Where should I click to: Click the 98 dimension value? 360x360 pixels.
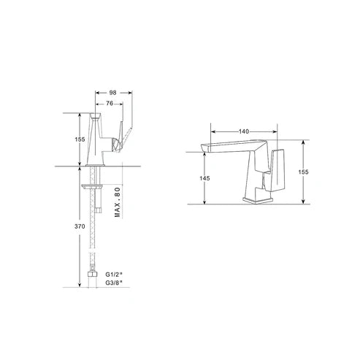[x=112, y=93]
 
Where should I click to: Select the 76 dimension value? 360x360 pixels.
[x=110, y=104]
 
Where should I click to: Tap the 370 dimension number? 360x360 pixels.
[x=80, y=226]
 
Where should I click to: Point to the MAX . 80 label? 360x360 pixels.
[x=118, y=202]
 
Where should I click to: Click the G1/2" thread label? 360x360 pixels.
[x=114, y=275]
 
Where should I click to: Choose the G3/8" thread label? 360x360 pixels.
[x=114, y=283]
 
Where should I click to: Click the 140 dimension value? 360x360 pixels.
[x=244, y=131]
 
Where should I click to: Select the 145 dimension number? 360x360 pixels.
[x=204, y=178]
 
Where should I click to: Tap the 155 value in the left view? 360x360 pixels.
[x=80, y=139]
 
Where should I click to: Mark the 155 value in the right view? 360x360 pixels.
[x=303, y=172]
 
